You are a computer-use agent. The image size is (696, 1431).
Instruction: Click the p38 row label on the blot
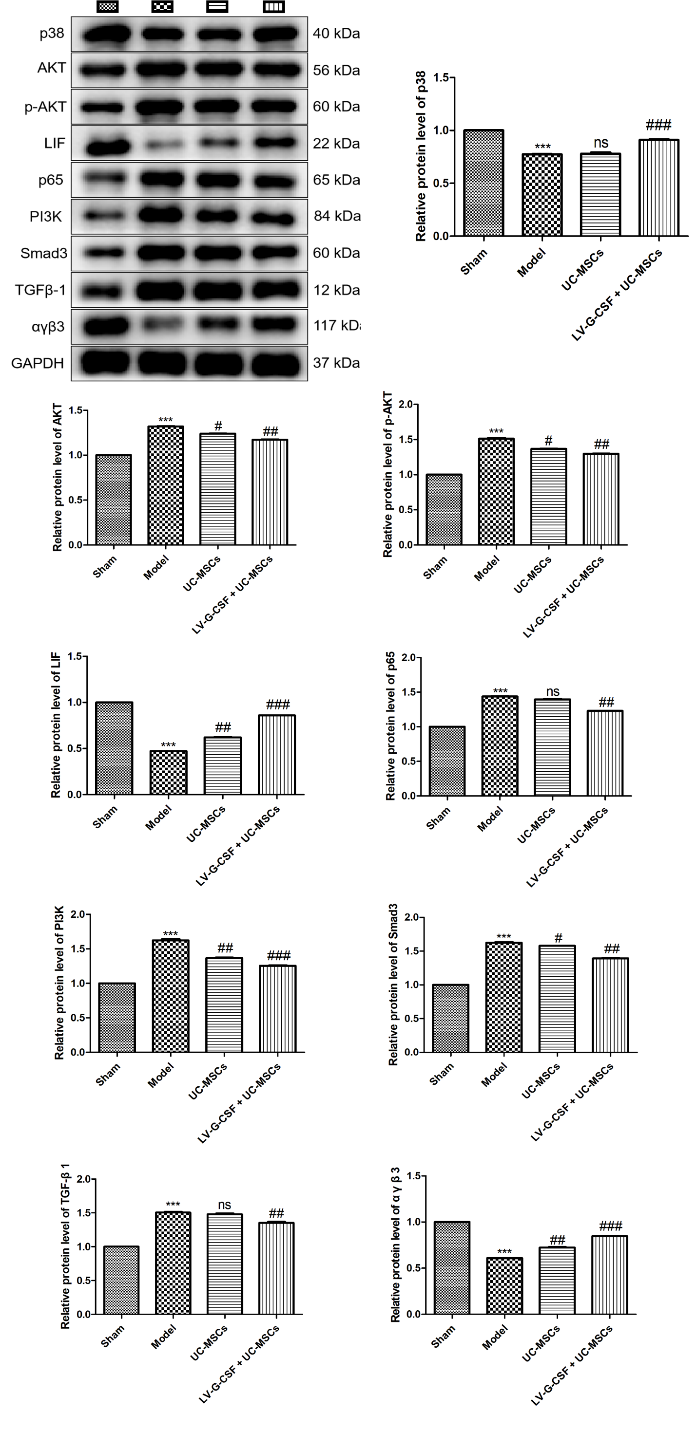coord(52,33)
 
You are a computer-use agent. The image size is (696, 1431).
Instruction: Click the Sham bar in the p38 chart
coord(483,184)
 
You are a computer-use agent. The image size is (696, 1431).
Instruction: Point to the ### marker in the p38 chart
coord(658,125)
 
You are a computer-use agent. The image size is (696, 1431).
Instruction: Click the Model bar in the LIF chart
coord(169,773)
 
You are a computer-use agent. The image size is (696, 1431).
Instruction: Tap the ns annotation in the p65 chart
coord(553,691)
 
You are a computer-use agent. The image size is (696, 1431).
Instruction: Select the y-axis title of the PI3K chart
coord(59,983)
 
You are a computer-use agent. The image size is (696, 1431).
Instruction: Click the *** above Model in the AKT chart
coord(166,420)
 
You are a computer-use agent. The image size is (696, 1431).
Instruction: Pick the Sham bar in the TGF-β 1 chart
coord(121,1281)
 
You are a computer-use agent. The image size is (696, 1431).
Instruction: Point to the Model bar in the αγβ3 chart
coord(505,1286)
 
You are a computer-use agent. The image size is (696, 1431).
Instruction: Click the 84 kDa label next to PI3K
coord(337,216)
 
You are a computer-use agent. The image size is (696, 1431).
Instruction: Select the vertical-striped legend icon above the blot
coord(273,7)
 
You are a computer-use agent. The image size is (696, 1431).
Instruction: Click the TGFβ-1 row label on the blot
coord(40,290)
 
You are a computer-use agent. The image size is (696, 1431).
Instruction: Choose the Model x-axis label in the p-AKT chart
coord(487,569)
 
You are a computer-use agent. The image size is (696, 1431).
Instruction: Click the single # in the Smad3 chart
coord(558,938)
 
